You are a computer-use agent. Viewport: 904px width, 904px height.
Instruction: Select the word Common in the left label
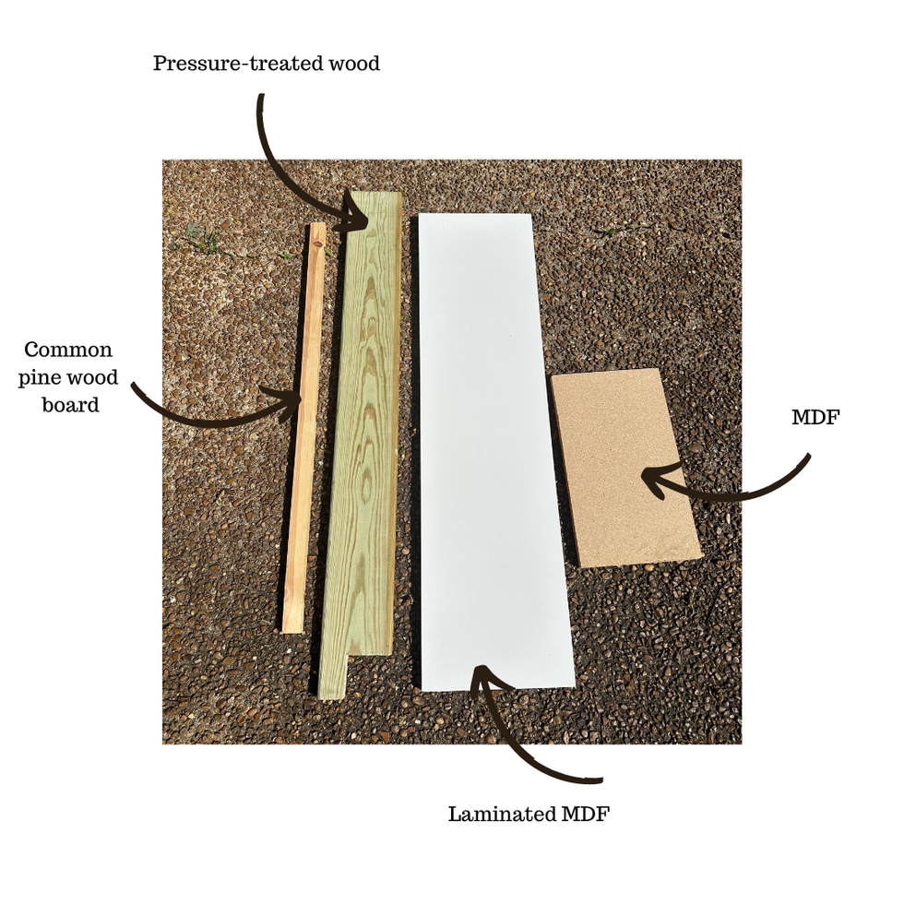(x=68, y=350)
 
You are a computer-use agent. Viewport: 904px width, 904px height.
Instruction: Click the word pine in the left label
(x=40, y=378)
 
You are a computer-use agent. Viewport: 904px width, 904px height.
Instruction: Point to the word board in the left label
(x=70, y=404)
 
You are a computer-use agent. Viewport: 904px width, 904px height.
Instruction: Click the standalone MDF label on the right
(x=815, y=417)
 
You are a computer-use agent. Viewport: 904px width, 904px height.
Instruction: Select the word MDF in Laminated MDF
(x=585, y=814)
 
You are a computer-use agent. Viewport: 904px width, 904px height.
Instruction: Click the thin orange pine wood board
(x=303, y=428)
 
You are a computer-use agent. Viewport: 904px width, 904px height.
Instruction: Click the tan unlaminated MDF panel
(x=625, y=467)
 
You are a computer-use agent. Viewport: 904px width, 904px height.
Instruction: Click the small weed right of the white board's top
(x=610, y=231)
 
